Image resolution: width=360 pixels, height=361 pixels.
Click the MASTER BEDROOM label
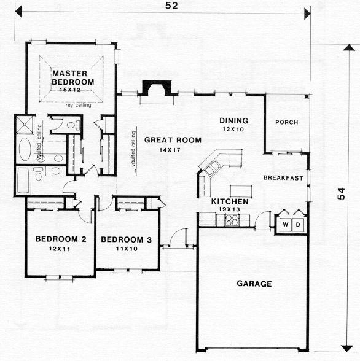point(72,77)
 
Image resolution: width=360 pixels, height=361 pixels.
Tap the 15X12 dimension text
point(70,90)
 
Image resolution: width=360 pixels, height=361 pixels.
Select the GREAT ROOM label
point(173,140)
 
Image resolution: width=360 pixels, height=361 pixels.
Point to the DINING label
point(234,120)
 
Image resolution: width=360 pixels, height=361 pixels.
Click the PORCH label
point(287,122)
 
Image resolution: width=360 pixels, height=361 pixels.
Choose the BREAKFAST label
point(283,178)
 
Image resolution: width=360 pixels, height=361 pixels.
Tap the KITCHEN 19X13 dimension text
point(229,209)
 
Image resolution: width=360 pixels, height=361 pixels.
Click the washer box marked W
point(286,224)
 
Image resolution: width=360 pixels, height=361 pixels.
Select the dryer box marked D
point(298,224)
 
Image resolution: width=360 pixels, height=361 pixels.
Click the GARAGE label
point(254,284)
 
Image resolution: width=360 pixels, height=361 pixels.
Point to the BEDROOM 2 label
point(61,239)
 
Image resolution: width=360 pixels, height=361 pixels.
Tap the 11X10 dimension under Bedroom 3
point(127,249)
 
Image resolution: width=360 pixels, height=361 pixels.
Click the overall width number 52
point(171,6)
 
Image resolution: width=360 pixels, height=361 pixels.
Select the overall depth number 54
point(341,193)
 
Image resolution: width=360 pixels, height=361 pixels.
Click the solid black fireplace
point(157,88)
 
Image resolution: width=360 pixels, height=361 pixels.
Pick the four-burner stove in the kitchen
point(232,220)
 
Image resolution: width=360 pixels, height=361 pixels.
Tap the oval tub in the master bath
point(25,149)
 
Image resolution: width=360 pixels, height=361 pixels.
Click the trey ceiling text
point(77,105)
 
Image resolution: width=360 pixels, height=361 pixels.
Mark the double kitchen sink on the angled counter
point(213,168)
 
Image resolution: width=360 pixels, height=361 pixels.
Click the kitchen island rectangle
point(241,192)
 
